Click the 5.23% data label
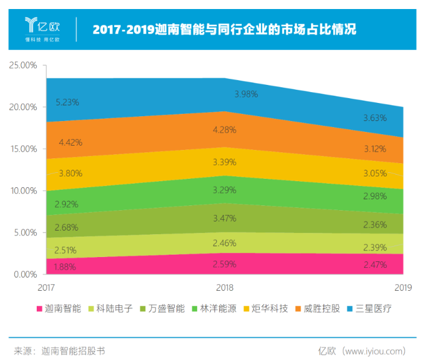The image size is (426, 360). pos(66,102)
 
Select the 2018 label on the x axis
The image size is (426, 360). pos(224,288)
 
